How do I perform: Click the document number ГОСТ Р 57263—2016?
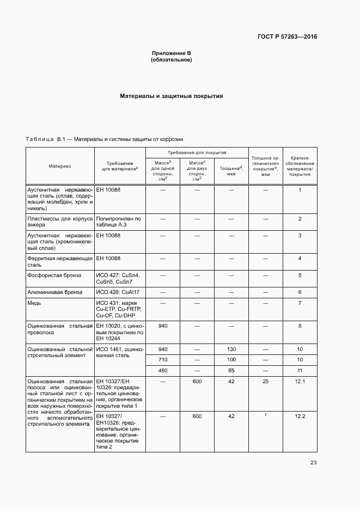[287, 37]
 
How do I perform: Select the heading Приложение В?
[171, 53]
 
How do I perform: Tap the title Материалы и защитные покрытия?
[172, 96]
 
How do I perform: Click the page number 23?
[313, 463]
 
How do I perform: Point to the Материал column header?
[60, 165]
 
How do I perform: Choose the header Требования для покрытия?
[197, 153]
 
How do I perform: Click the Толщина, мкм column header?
[231, 171]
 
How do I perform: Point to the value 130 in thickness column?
[231, 349]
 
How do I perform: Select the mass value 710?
[162, 360]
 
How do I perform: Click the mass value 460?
[162, 370]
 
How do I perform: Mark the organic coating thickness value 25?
[266, 381]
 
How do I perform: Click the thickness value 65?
[231, 370]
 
